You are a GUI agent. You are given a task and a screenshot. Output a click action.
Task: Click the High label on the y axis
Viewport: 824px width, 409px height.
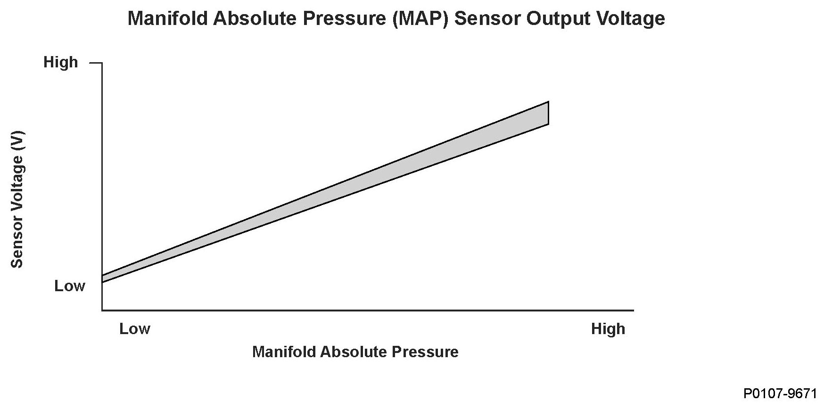(x=61, y=62)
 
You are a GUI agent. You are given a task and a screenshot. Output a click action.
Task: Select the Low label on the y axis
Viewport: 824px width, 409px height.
(x=70, y=286)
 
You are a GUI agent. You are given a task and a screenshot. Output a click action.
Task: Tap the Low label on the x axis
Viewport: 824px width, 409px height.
(x=135, y=328)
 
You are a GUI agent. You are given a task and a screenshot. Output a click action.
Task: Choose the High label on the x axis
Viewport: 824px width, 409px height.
(x=608, y=329)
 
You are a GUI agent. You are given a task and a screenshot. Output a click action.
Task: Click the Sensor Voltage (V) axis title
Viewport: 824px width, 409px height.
(x=17, y=199)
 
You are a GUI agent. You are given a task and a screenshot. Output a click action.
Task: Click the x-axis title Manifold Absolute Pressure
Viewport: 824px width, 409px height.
(x=355, y=352)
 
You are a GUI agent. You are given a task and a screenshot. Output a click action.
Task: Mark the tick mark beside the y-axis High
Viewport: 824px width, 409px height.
(x=96, y=63)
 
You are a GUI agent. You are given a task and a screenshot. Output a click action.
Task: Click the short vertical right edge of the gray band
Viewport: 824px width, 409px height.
(x=548, y=113)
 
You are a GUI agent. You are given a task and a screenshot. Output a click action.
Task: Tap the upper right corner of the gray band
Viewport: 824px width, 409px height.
(x=548, y=102)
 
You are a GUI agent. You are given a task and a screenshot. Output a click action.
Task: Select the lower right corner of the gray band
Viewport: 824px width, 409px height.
(x=548, y=124)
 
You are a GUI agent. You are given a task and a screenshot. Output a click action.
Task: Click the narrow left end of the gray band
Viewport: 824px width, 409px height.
(x=103, y=279)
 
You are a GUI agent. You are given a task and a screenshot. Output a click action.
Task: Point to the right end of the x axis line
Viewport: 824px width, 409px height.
(x=634, y=311)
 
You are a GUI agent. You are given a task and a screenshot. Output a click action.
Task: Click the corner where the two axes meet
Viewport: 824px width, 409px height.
(x=102, y=311)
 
